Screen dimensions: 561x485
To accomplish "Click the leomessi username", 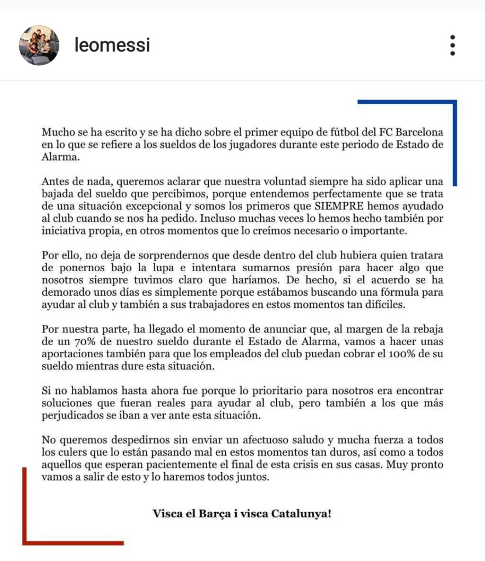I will click(x=112, y=45).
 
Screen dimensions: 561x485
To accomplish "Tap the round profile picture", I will click(x=39, y=45).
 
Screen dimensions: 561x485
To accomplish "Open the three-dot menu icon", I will click(x=452, y=45).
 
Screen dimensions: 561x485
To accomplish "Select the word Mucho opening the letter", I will click(x=56, y=133).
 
